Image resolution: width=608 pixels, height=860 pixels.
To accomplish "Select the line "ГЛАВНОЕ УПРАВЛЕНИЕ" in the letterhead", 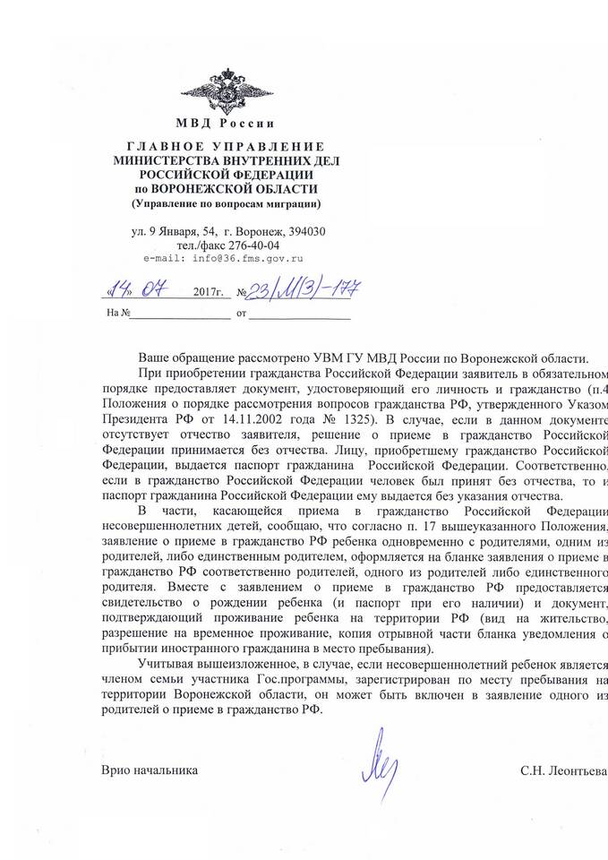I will click(225, 146).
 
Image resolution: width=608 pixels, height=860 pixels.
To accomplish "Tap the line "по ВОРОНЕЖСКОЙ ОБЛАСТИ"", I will click(225, 189).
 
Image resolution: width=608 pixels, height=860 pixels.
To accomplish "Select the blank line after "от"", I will click(300, 315).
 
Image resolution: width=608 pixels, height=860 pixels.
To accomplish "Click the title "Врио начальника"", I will click(149, 771).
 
